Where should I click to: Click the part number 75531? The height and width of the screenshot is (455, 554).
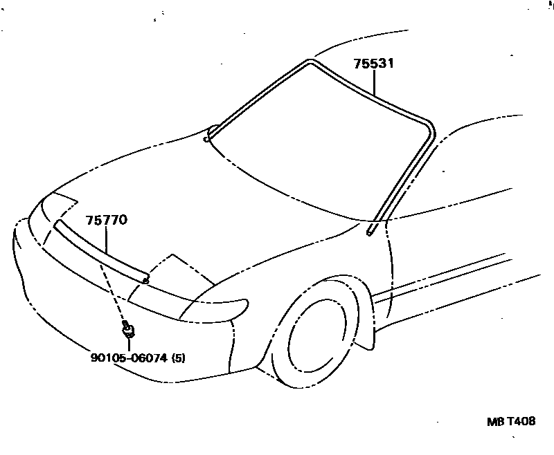pos(374,64)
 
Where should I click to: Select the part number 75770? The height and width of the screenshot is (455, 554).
pos(107,221)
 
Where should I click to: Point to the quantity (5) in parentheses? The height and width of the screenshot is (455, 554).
pos(179,357)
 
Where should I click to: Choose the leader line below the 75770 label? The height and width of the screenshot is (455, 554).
pos(107,239)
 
